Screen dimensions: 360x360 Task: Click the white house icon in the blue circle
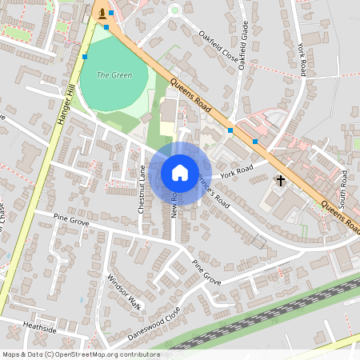[x=180, y=172]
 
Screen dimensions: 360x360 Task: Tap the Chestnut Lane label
[x=141, y=189]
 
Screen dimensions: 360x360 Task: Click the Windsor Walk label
[x=123, y=293]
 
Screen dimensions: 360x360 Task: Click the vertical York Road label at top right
[x=302, y=60]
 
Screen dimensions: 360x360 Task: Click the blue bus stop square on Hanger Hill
[x=85, y=57]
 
